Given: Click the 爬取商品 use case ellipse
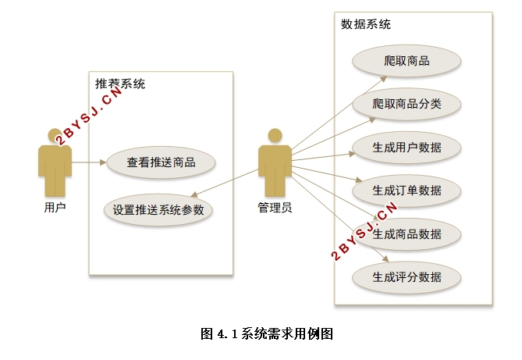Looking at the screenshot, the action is pyautogui.click(x=407, y=61).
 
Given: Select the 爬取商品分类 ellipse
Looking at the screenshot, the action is pyautogui.click(x=407, y=104).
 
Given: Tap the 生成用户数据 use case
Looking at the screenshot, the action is pyautogui.click(x=407, y=148).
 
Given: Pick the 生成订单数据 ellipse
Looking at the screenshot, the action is pyautogui.click(x=407, y=191).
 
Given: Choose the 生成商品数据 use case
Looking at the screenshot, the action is pyautogui.click(x=407, y=234).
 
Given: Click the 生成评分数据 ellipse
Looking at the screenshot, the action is pyautogui.click(x=407, y=277).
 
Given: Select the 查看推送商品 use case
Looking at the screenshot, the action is pyautogui.click(x=161, y=162).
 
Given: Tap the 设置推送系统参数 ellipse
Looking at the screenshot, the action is pyautogui.click(x=158, y=210).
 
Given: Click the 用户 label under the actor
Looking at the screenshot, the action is pyautogui.click(x=55, y=208).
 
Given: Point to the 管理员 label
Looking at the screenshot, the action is pyautogui.click(x=275, y=208).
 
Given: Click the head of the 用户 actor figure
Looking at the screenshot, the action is pyautogui.click(x=55, y=136).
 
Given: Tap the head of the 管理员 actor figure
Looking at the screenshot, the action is pyautogui.click(x=275, y=136).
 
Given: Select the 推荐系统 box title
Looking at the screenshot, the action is pyautogui.click(x=120, y=84).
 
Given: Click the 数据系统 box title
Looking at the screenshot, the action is pyautogui.click(x=365, y=24).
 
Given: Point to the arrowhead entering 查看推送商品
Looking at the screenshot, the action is pyautogui.click(x=103, y=162).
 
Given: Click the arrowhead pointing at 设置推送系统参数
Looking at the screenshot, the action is pyautogui.click(x=194, y=194).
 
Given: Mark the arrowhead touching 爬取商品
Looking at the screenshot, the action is pyautogui.click(x=383, y=79).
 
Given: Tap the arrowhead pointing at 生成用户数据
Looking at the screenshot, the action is pyautogui.click(x=352, y=154).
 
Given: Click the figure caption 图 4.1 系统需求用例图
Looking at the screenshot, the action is pyautogui.click(x=267, y=333).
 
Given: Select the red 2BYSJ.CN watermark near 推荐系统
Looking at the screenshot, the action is pyautogui.click(x=89, y=116).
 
